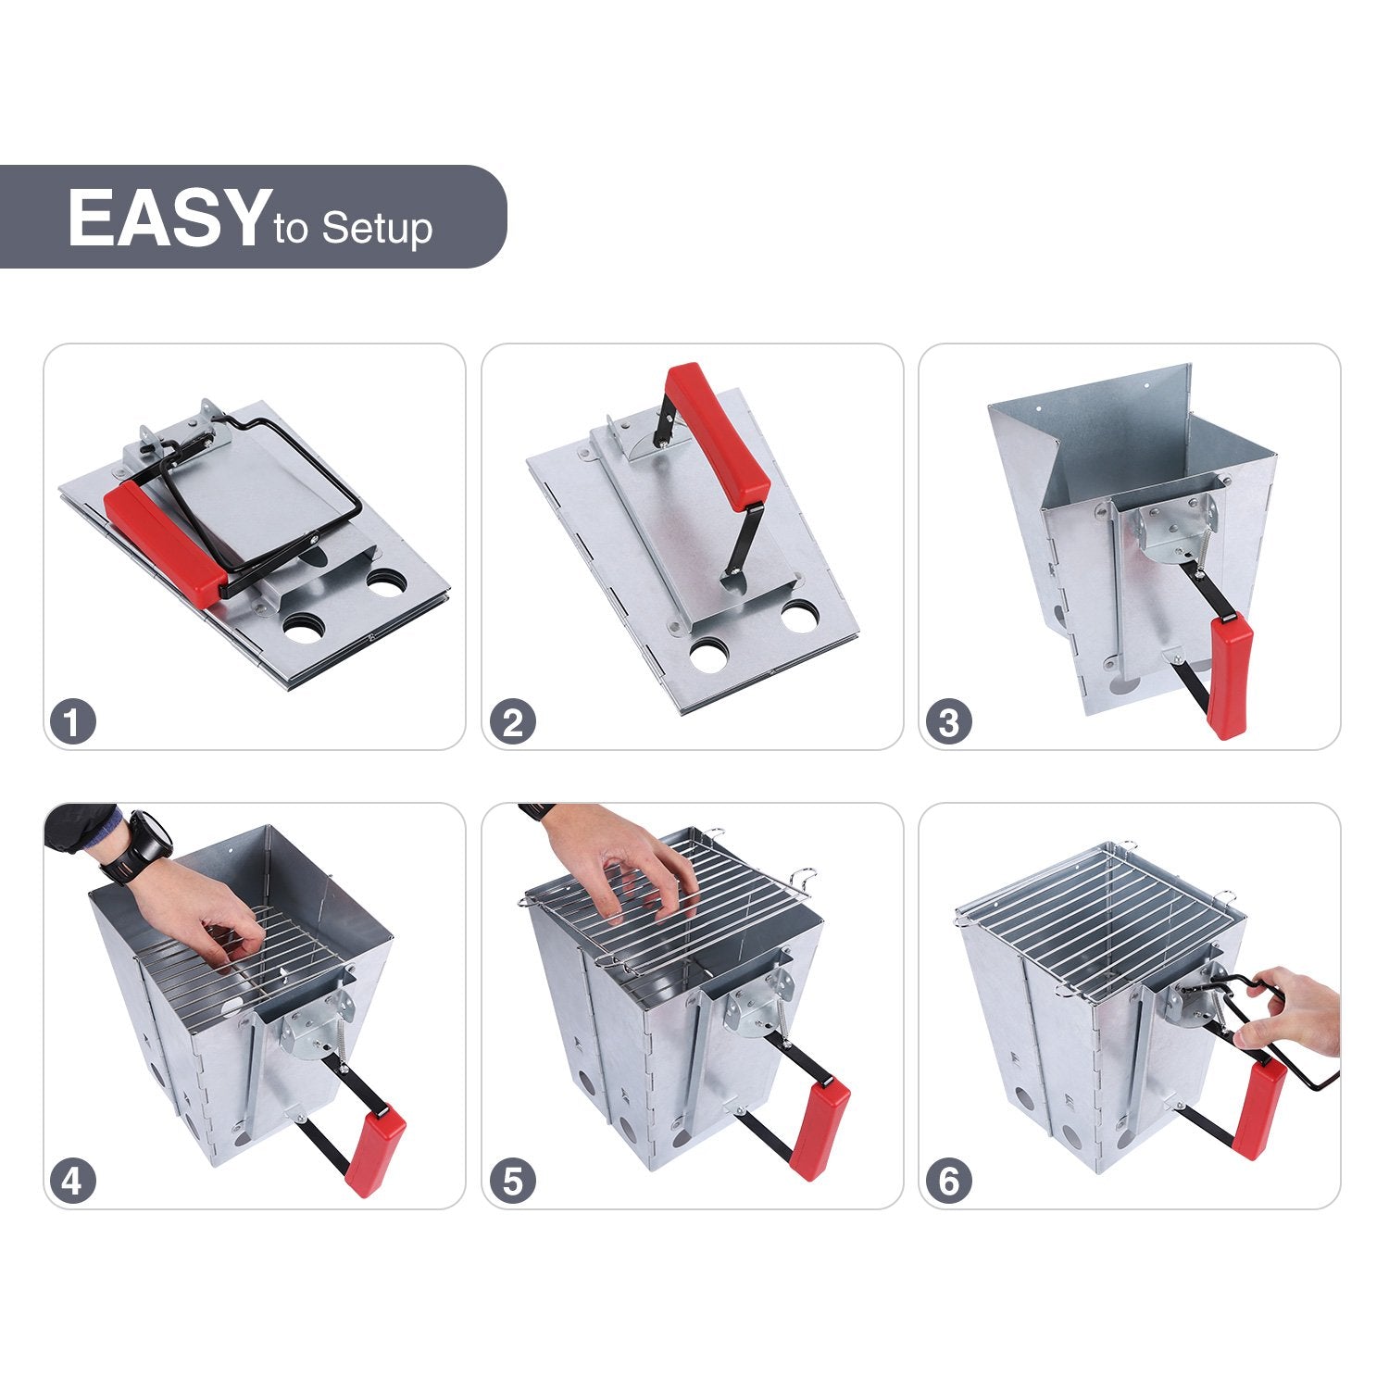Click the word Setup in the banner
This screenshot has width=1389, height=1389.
377,228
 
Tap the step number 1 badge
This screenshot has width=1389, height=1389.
73,722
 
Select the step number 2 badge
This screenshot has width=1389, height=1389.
512,722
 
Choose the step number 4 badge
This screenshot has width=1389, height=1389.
73,1182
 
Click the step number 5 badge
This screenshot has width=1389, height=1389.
512,1182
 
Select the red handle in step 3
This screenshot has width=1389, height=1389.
1230,676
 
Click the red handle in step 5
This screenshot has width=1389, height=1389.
820,1130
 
